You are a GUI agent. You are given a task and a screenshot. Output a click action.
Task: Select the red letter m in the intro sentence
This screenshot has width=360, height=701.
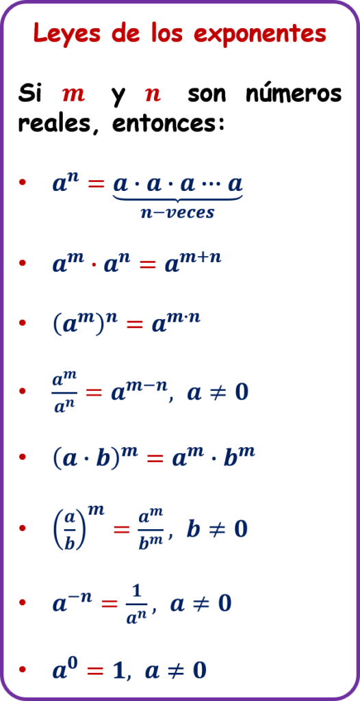click(73, 94)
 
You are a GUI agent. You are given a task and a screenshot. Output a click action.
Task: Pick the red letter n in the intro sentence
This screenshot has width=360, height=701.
click(153, 94)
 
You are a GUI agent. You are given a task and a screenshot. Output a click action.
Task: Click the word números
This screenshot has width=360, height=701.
click(294, 93)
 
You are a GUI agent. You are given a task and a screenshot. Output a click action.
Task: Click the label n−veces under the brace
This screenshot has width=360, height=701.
click(177, 212)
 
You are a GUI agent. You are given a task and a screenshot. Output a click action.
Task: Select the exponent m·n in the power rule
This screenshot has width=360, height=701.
click(181, 318)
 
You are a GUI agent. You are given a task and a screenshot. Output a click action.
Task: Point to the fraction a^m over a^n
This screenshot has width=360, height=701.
click(65, 392)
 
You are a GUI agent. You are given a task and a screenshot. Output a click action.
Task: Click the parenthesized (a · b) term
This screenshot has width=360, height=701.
click(86, 460)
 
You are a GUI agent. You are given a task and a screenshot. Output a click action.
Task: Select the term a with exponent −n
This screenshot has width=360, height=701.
click(73, 601)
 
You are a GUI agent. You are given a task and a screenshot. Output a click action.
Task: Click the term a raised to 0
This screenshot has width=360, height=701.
click(66, 668)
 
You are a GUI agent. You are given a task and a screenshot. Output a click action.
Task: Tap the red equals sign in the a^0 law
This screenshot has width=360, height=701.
click(95, 671)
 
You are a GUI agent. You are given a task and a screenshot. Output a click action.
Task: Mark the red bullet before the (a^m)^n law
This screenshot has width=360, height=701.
click(23, 324)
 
